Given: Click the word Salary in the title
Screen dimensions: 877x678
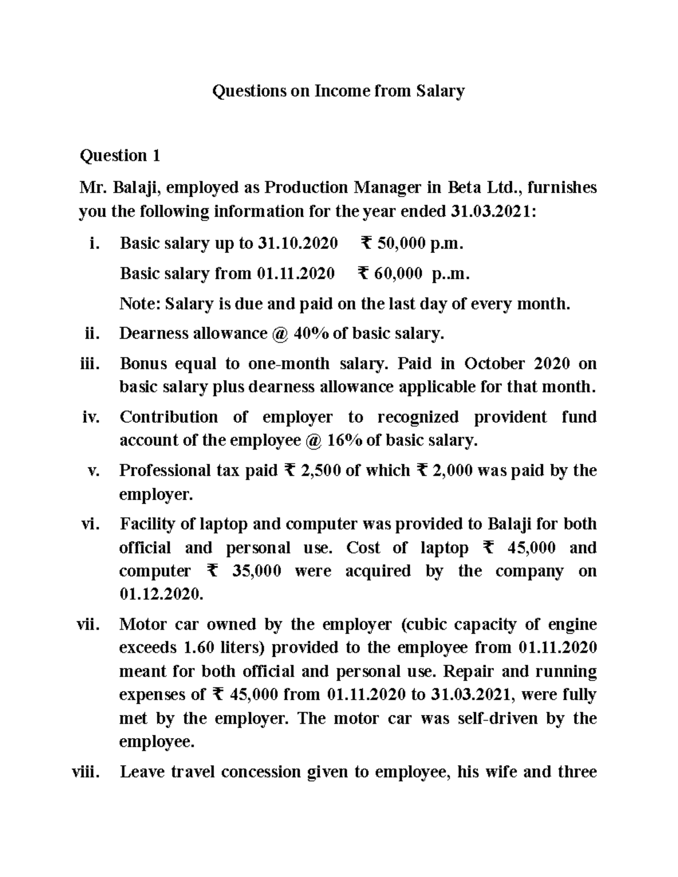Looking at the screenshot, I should pos(440,91).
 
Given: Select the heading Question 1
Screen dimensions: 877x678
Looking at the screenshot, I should pos(120,155).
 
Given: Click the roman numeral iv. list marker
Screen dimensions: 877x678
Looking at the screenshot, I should pos(91,417).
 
